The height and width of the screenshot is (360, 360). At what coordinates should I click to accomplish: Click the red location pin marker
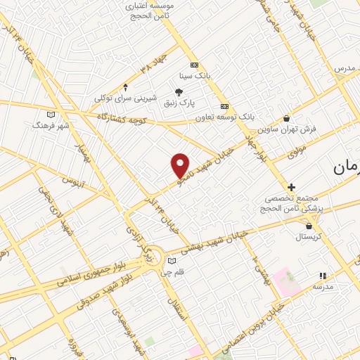tap(181, 165)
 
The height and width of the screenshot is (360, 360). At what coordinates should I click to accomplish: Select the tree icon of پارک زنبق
tap(179, 91)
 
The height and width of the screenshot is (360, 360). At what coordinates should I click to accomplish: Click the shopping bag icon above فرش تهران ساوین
tap(285, 118)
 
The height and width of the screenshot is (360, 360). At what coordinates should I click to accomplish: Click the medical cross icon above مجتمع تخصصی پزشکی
tap(291, 186)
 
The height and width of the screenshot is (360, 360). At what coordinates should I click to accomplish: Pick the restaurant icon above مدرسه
tap(323, 276)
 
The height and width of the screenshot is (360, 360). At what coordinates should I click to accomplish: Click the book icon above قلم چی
tap(172, 261)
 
